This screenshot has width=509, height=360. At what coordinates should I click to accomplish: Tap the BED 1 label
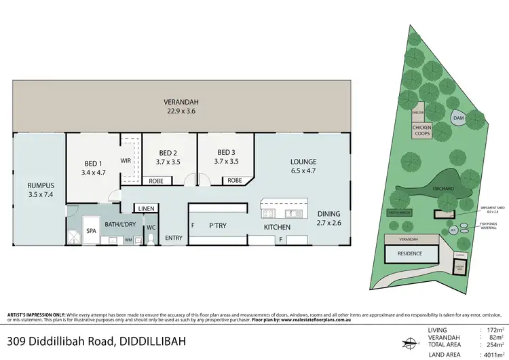[x=93, y=164]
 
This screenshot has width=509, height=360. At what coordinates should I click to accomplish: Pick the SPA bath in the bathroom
[x=91, y=231]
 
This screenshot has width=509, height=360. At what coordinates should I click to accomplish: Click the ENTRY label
[x=174, y=237]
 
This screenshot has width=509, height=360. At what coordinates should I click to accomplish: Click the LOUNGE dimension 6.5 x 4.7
[x=303, y=172]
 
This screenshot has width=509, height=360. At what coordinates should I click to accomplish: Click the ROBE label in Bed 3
[x=235, y=180]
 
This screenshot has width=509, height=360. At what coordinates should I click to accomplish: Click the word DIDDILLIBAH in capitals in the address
[x=145, y=340]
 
